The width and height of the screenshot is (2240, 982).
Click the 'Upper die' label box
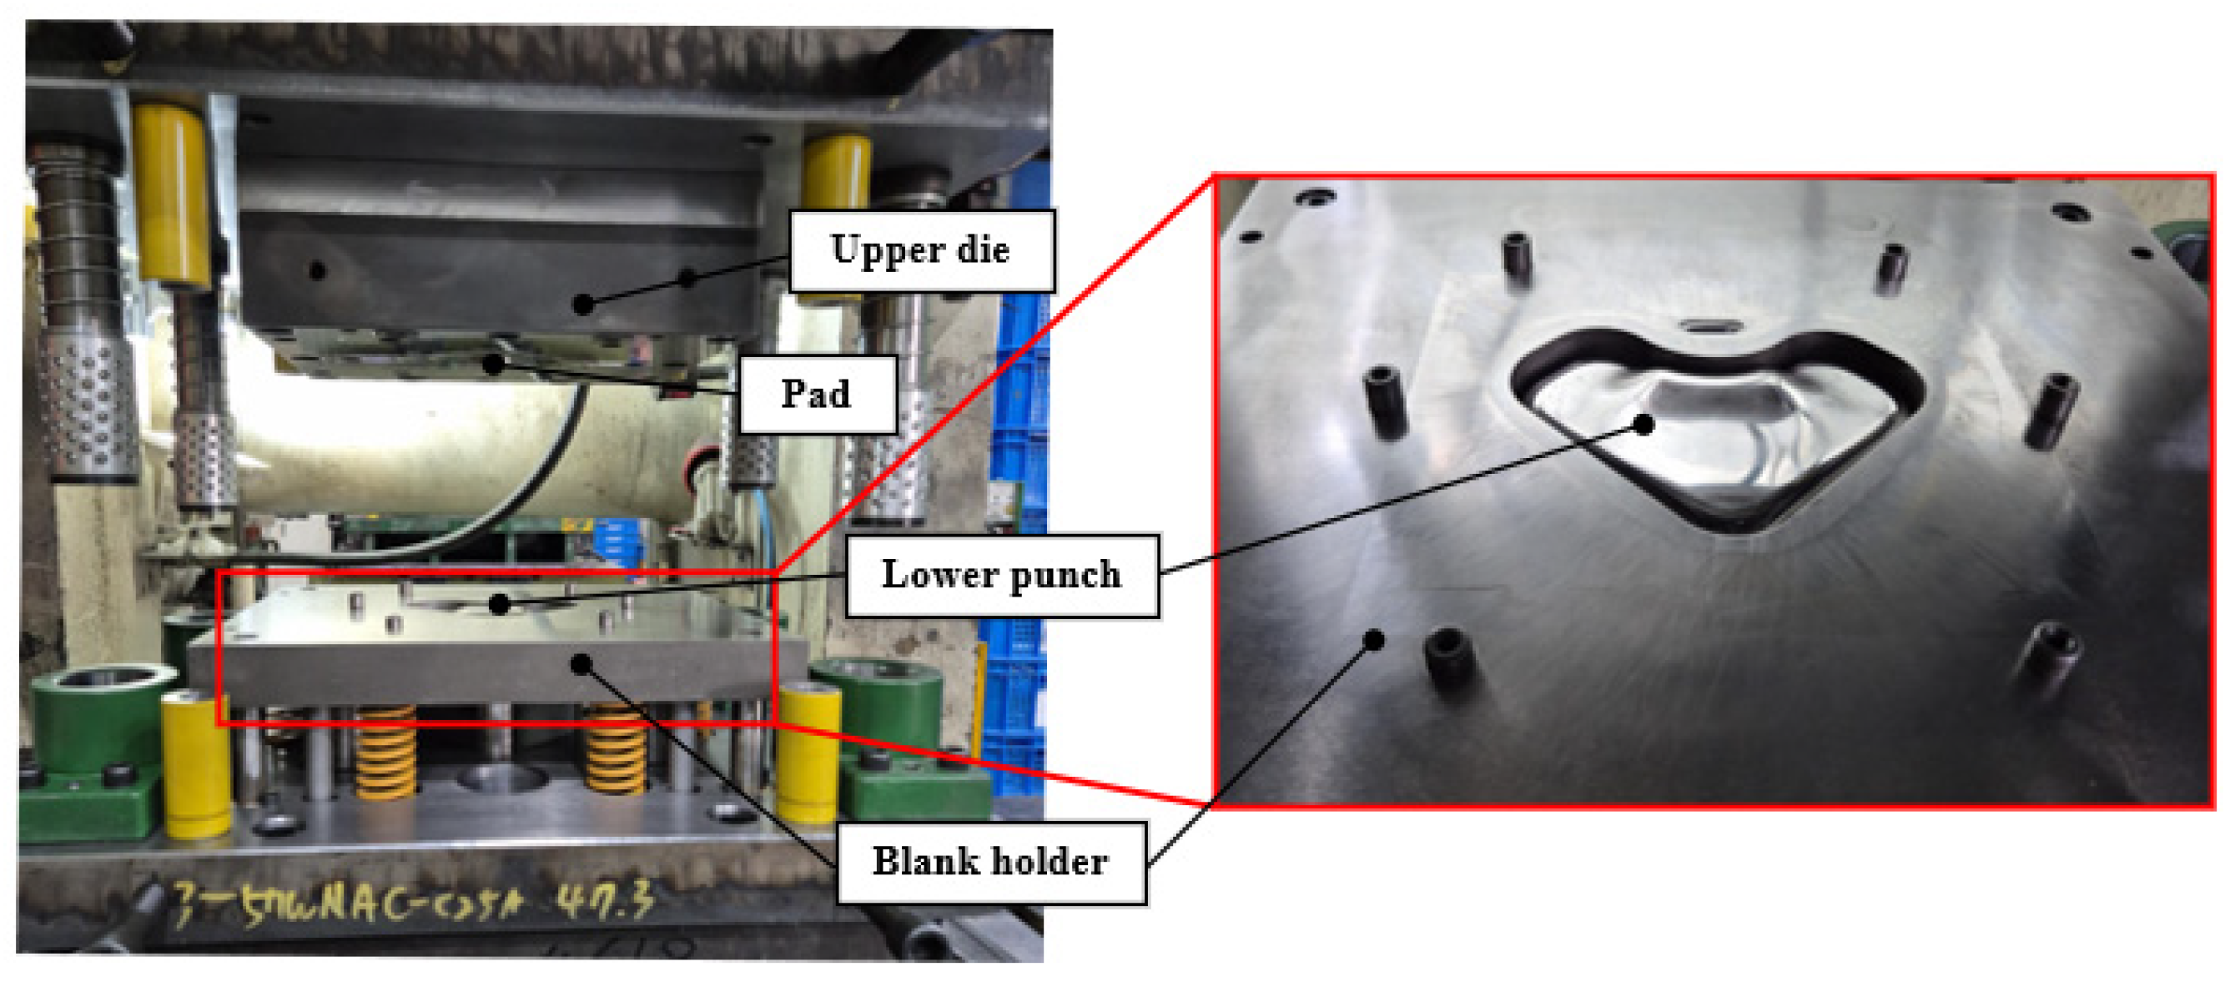tap(921, 250)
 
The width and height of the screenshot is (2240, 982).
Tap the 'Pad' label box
tap(817, 394)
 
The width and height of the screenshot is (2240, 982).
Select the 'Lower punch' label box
tap(1002, 575)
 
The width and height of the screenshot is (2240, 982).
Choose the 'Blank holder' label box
tap(990, 862)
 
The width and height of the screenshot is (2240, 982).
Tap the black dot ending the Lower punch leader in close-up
tap(1643, 425)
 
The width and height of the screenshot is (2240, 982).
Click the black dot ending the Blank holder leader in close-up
tap(1374, 641)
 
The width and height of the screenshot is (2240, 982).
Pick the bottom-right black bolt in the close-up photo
tap(2052, 657)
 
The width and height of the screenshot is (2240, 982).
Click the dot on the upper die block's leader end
tap(583, 305)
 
